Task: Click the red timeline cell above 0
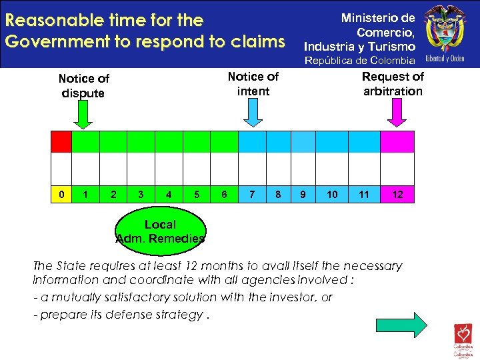pos(61,142)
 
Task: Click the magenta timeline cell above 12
pos(397,142)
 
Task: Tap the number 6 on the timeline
pos(225,195)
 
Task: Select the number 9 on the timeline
pos(303,195)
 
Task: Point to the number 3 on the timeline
pos(140,195)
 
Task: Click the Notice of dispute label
pos(83,85)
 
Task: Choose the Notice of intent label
pos(253,83)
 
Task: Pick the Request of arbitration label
pos(393,83)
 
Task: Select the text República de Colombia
pos(359,61)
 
